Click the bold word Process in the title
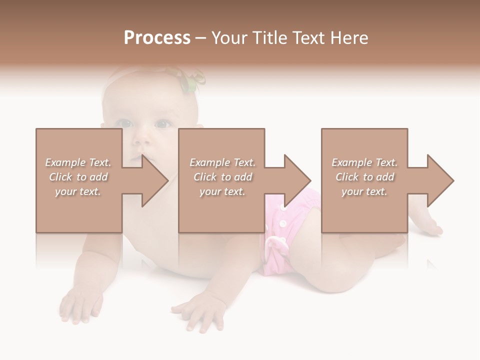157,38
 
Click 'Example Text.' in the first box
78,162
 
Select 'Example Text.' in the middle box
222,162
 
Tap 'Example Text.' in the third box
364,162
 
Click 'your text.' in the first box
78,191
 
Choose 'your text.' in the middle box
222,191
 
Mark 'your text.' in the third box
364,191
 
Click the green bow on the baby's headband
192,80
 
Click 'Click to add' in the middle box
222,177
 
